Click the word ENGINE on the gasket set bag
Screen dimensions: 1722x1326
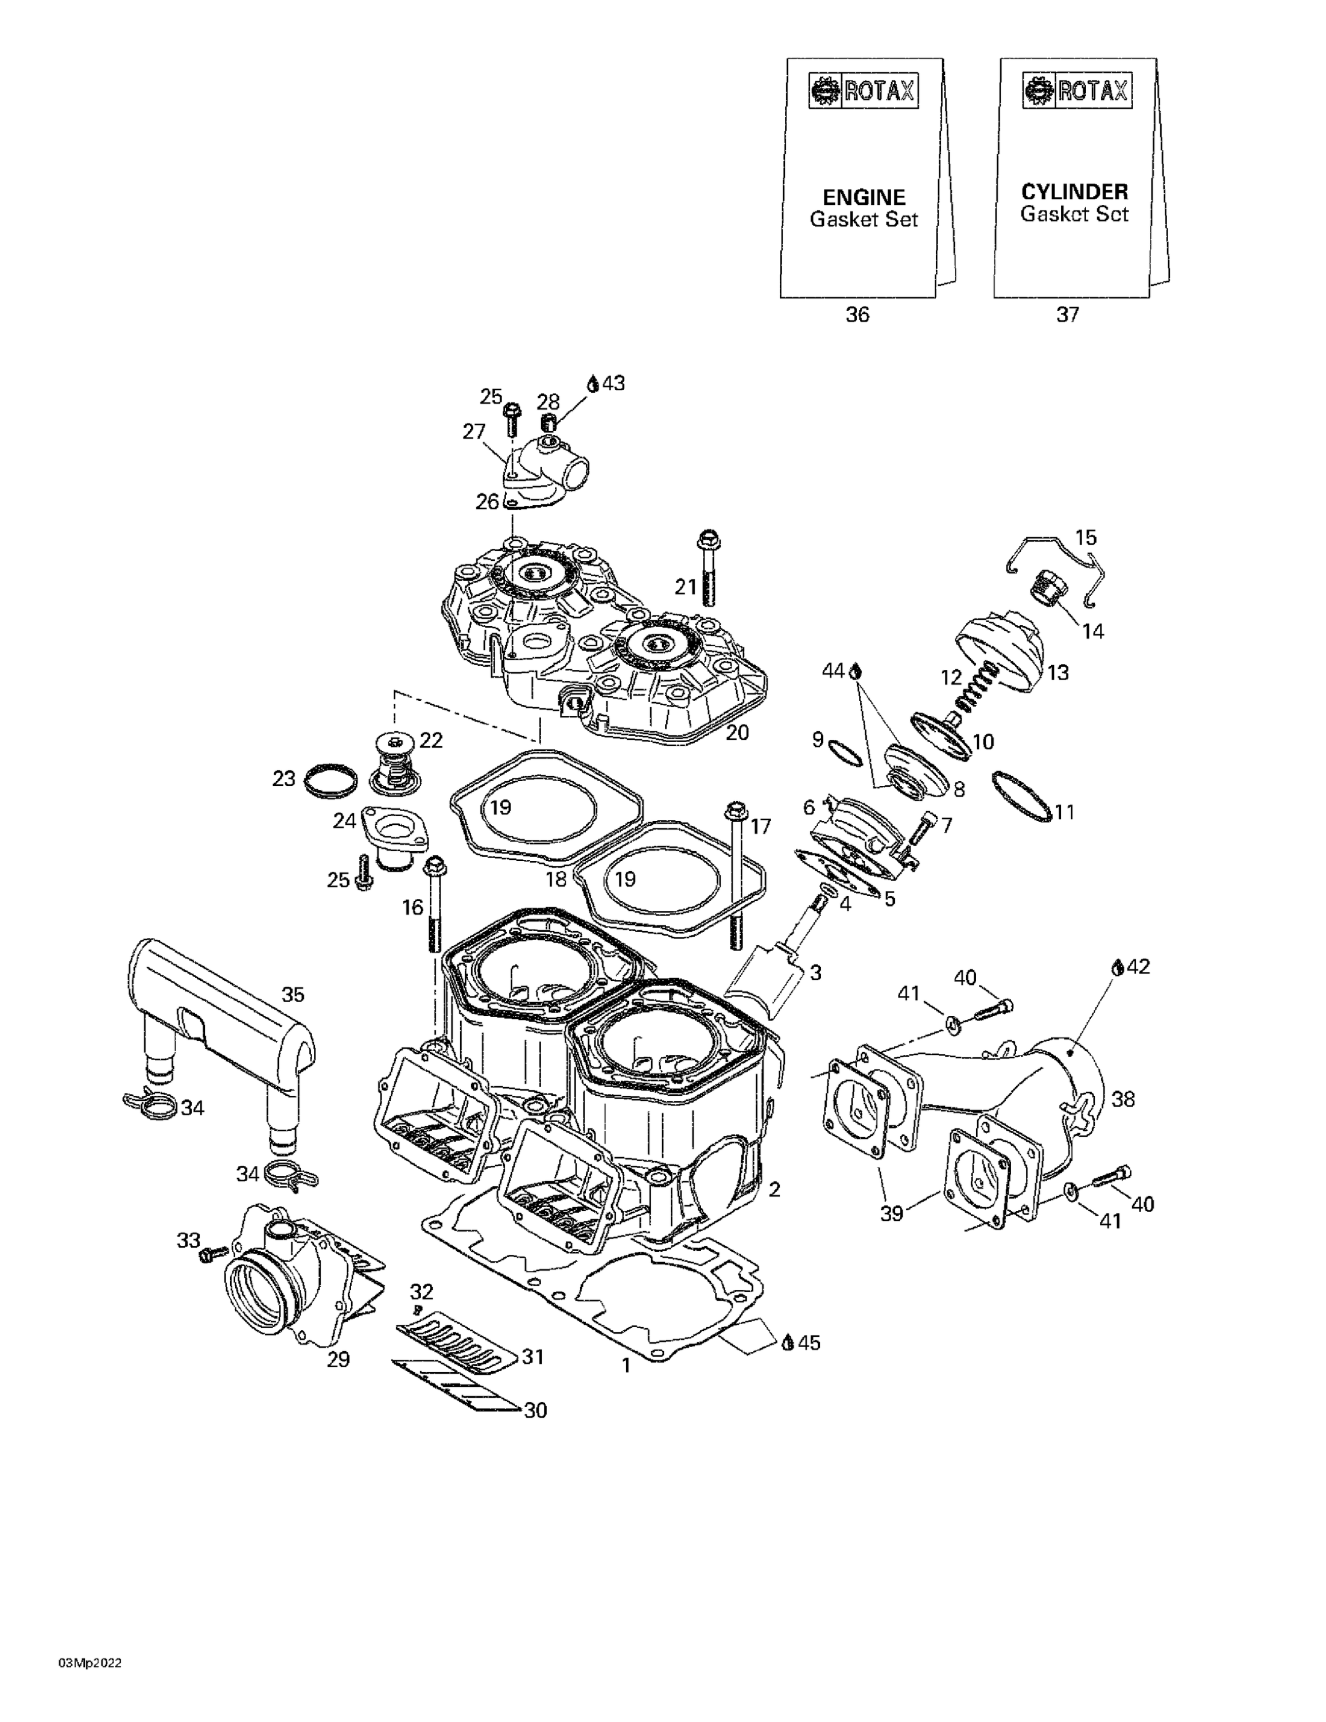point(863,197)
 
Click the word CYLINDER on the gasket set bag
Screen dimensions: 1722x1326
point(1074,192)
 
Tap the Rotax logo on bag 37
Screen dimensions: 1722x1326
point(1076,91)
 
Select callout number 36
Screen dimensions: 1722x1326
point(857,315)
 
